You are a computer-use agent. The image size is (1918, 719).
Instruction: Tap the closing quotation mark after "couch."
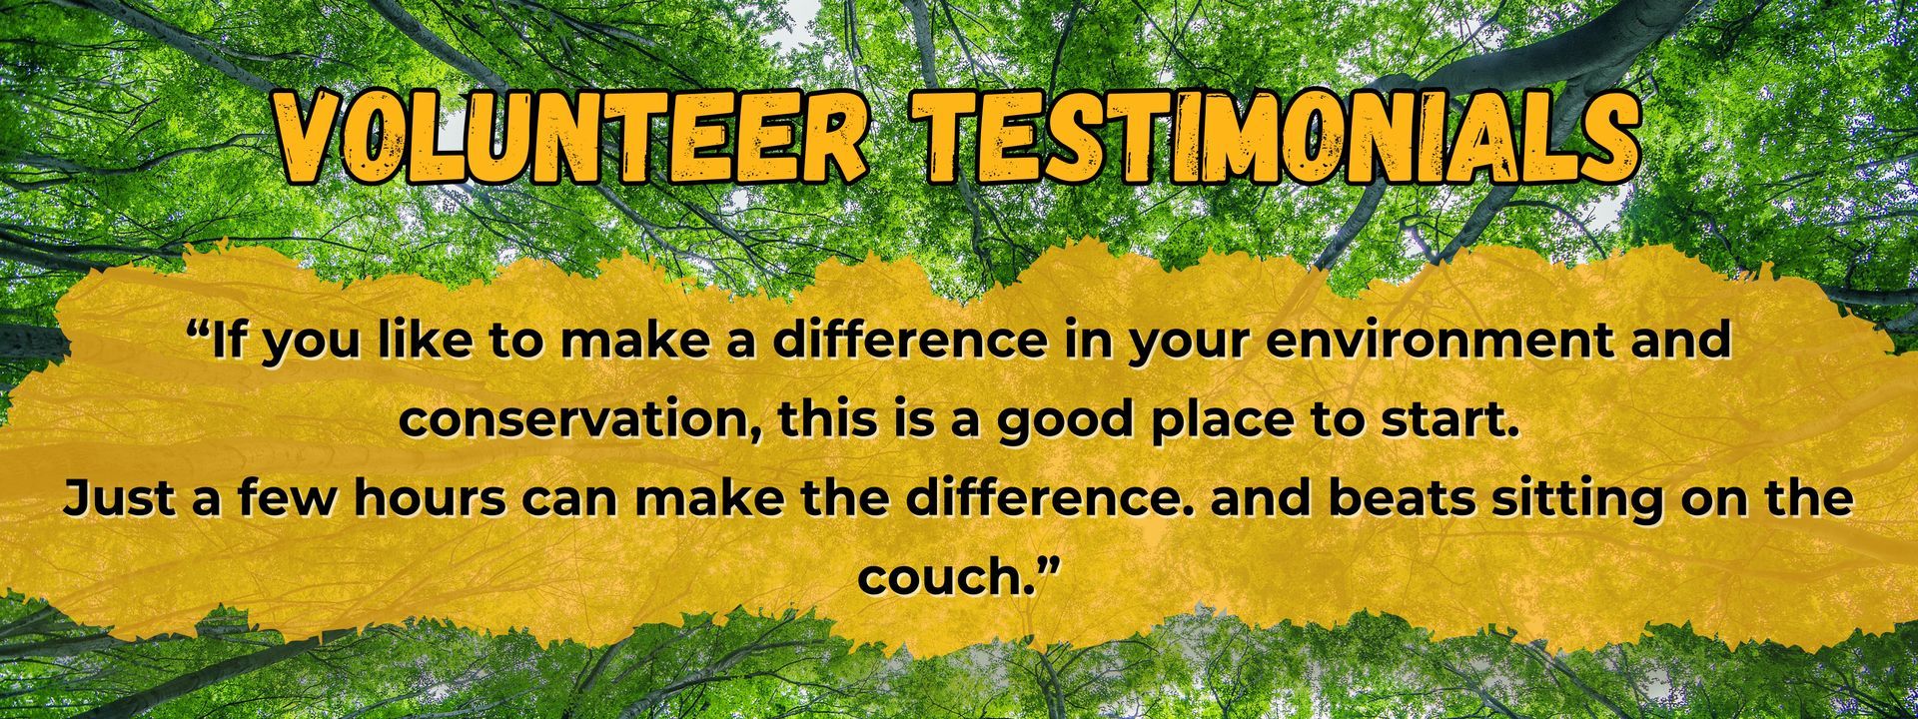[1043, 565]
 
